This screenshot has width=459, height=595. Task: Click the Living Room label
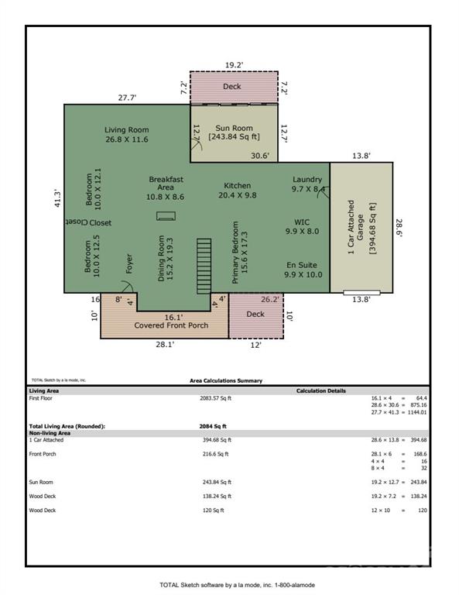tap(126, 134)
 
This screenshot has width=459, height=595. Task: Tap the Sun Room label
tap(233, 131)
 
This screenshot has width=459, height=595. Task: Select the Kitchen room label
tap(237, 191)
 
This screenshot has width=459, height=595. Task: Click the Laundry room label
tap(307, 184)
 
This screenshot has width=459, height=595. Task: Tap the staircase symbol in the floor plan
tap(204, 263)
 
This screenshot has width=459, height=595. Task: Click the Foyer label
tap(129, 265)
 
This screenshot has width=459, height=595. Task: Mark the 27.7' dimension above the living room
tap(127, 98)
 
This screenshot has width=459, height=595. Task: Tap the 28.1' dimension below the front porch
tap(164, 345)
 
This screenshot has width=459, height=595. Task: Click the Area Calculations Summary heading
tap(226, 380)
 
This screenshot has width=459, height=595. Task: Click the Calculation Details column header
tap(321, 390)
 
